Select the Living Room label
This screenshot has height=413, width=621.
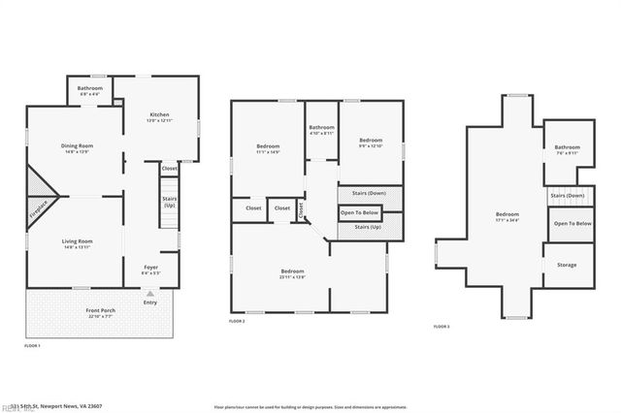(78, 242)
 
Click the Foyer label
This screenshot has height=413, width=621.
(151, 269)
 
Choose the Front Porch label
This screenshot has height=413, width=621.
(101, 312)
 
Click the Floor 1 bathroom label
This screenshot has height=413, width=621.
(90, 90)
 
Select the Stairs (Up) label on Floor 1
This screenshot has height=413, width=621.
(169, 202)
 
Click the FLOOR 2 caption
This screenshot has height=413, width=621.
(237, 321)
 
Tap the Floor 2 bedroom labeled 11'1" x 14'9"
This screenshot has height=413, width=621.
(267, 148)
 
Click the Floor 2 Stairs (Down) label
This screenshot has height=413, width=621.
(370, 193)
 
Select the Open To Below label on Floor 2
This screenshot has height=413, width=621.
(360, 212)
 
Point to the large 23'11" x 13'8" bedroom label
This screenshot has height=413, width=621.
(293, 273)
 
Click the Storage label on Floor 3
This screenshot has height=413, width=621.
(567, 264)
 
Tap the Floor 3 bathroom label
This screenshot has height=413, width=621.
(567, 149)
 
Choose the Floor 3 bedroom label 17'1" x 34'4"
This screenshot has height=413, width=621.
(507, 216)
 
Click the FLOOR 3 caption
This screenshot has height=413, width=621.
(441, 327)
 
